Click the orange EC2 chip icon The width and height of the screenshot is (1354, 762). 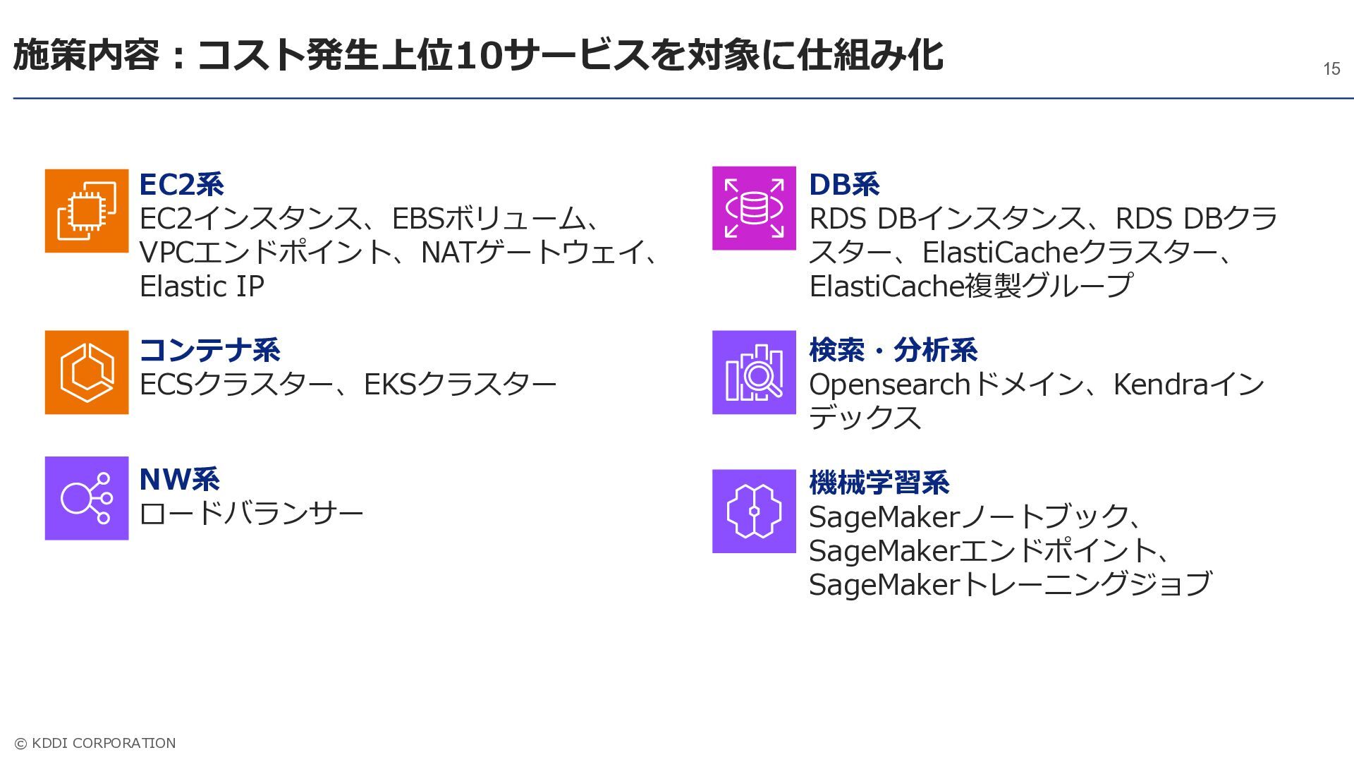[87, 211]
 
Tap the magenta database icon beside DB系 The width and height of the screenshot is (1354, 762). [754, 208]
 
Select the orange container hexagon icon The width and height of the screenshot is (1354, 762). [87, 372]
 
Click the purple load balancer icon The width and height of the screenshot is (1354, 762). [87, 498]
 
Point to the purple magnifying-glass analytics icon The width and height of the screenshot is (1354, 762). [754, 372]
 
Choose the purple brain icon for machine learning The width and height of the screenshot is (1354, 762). [754, 511]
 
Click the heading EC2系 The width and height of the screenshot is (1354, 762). [182, 184]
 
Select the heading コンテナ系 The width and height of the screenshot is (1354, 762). [210, 350]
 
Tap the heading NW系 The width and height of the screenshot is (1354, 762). [180, 479]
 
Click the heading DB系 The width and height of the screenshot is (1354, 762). [844, 184]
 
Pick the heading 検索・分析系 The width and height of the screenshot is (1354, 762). [893, 350]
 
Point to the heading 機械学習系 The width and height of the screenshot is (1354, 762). [879, 483]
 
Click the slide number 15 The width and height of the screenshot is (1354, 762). [1331, 68]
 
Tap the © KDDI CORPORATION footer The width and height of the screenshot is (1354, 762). [95, 743]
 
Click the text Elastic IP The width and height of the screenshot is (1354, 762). [202, 286]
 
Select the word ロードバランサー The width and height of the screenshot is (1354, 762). [252, 513]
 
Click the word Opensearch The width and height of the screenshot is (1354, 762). [890, 385]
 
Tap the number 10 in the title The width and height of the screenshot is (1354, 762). [480, 56]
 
